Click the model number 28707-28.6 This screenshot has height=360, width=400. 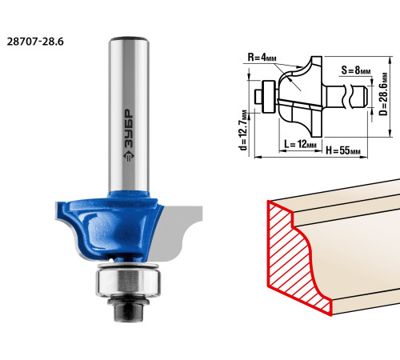(35, 42)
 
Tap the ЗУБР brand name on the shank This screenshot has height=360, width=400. (129, 128)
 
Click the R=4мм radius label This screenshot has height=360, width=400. (262, 57)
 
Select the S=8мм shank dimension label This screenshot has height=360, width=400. (356, 70)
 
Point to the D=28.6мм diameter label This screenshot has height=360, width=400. (383, 94)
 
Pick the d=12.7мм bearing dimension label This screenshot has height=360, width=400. (243, 130)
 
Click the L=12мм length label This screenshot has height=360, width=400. (300, 144)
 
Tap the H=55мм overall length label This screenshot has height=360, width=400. (343, 151)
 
